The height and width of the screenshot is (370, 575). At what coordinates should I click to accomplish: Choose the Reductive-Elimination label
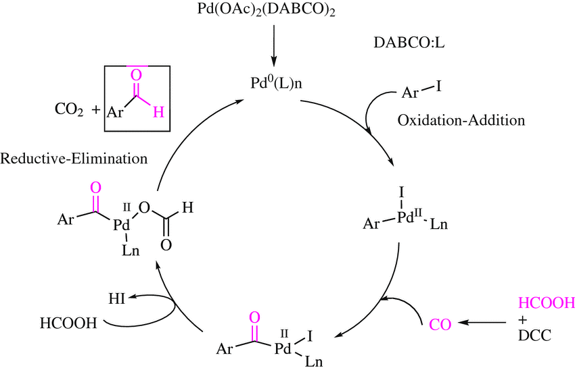click(x=74, y=160)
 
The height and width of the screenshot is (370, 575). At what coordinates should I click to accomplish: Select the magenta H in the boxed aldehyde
click(x=157, y=113)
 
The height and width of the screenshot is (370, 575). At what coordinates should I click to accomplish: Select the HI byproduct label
click(x=118, y=296)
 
